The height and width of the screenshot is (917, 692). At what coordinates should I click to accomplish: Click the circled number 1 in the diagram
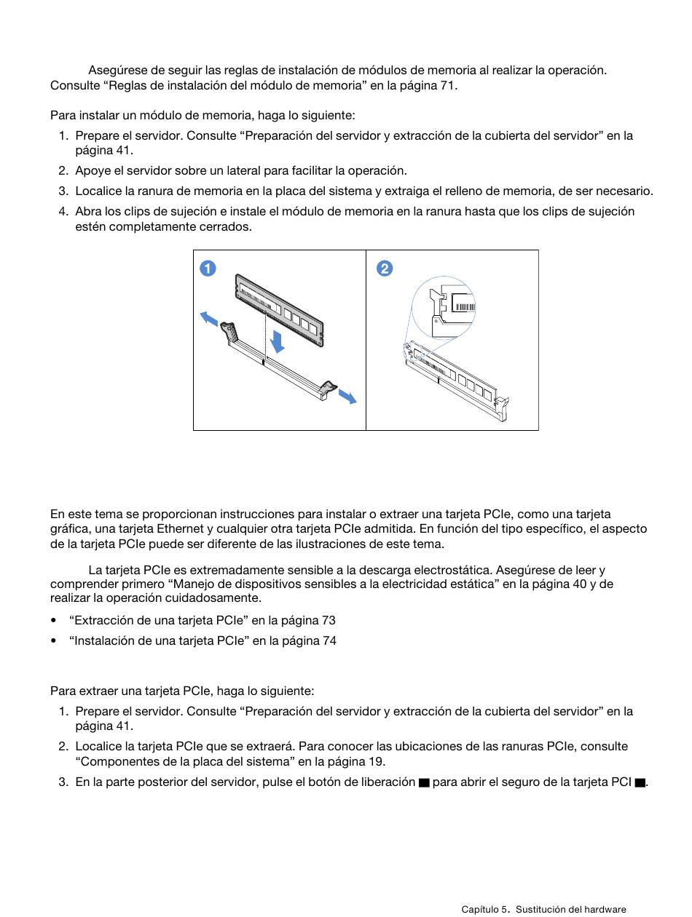point(208,269)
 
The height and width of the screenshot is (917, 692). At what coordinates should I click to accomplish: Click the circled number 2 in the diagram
point(385,269)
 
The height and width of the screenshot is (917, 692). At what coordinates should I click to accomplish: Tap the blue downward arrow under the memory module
point(277,340)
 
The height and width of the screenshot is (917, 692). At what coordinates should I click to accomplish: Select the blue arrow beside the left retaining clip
point(209,319)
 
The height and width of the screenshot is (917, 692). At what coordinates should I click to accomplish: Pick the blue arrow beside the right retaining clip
point(347,396)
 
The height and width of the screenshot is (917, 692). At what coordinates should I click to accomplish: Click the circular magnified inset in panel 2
point(444,308)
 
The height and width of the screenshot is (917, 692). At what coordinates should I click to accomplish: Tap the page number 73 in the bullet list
point(329,621)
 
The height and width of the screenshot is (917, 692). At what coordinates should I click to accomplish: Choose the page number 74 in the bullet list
point(329,641)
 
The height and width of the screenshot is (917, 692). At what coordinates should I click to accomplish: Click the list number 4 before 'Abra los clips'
point(63,212)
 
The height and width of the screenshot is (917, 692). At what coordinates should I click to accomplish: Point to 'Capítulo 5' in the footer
point(486,910)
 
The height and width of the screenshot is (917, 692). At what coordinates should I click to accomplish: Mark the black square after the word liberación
point(424,782)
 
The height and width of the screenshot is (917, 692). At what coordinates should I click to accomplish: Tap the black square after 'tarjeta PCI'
point(640,782)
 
